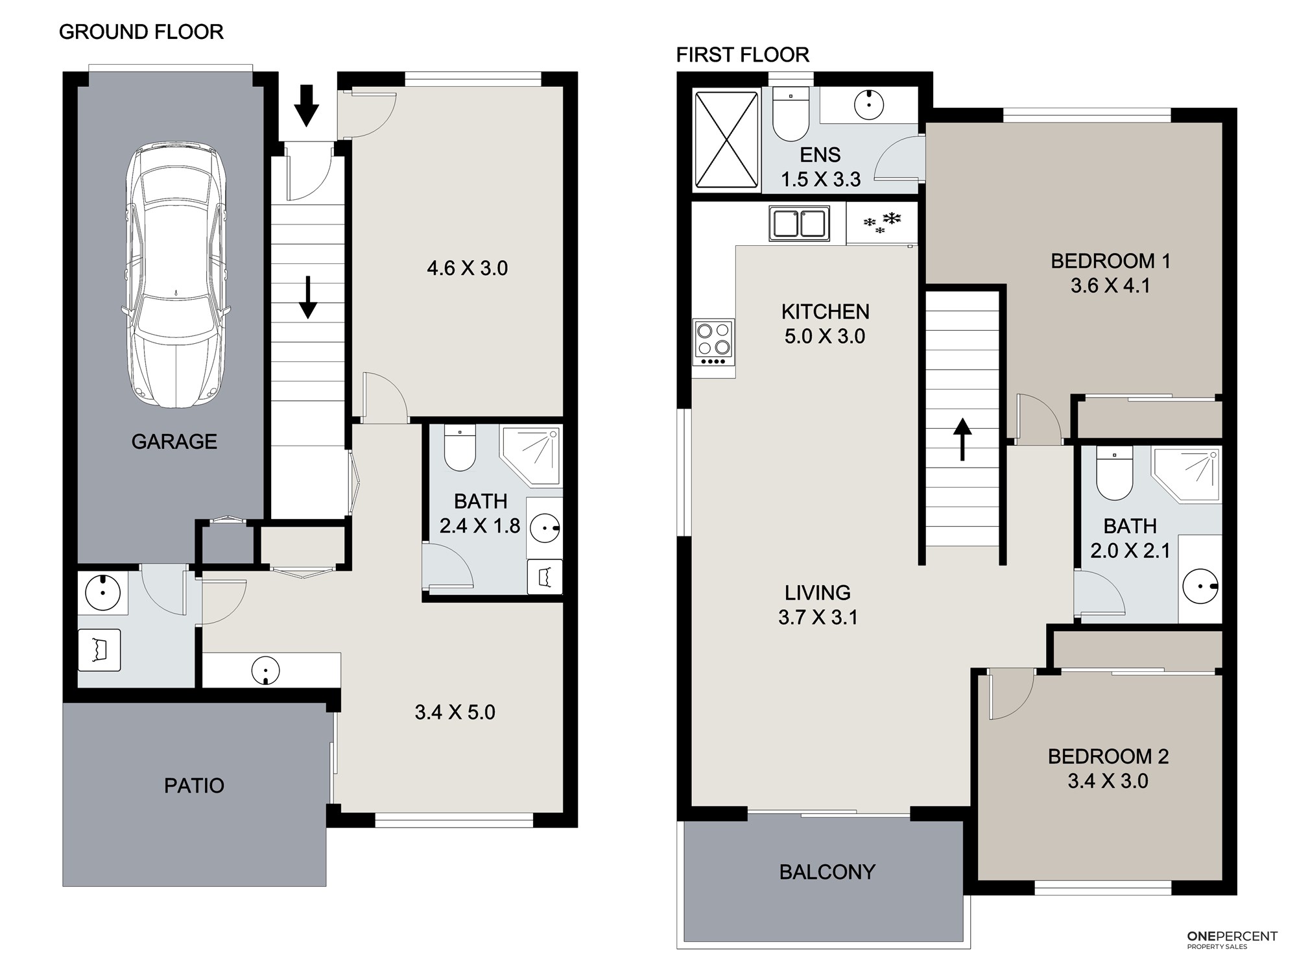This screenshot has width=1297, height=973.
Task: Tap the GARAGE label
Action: pos(174,442)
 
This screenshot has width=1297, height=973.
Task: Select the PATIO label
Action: pos(194,786)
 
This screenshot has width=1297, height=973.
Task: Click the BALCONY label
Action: pos(827,872)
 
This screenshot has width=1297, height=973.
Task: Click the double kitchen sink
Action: pos(799,223)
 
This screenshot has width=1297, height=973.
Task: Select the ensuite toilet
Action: pos(791,114)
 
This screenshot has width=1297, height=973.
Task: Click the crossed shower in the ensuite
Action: pos(726,140)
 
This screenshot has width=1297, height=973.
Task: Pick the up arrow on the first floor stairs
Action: pos(962,439)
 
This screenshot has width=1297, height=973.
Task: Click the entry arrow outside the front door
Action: pos(307,106)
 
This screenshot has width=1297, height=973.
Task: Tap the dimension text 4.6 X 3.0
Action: pos(467,268)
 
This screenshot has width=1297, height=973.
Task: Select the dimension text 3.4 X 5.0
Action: pos(455,712)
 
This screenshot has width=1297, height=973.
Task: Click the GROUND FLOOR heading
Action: pos(141,32)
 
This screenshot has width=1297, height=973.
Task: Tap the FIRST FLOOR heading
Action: pos(743,55)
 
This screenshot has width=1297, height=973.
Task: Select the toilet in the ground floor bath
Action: pos(460,448)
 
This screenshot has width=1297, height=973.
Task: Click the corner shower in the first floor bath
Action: pos(1186,474)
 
